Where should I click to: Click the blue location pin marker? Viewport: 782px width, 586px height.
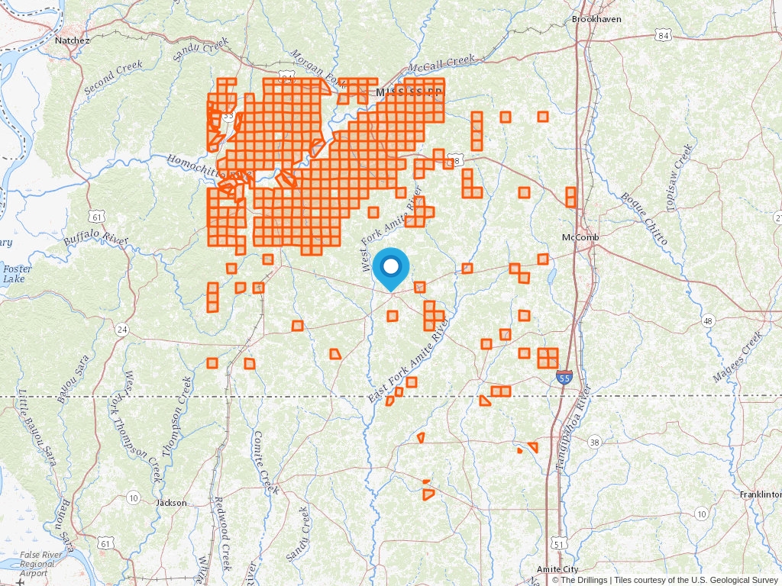(391, 268)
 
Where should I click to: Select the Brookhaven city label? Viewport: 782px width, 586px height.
(596, 18)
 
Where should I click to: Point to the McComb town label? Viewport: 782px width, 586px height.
(580, 237)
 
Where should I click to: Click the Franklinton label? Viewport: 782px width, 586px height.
(760, 494)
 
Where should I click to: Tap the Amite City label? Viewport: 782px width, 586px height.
(557, 569)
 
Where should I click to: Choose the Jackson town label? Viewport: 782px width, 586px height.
(171, 503)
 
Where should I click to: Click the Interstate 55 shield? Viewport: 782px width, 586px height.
(564, 378)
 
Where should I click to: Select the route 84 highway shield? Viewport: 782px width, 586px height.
(664, 36)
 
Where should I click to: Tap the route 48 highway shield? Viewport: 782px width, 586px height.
(708, 321)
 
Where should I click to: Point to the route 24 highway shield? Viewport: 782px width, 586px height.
(122, 330)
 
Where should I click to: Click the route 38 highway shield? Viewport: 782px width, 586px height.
(595, 442)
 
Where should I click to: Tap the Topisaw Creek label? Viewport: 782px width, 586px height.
(678, 176)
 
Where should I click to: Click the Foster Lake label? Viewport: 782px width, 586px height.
(15, 274)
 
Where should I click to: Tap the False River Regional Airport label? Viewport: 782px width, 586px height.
(37, 564)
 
